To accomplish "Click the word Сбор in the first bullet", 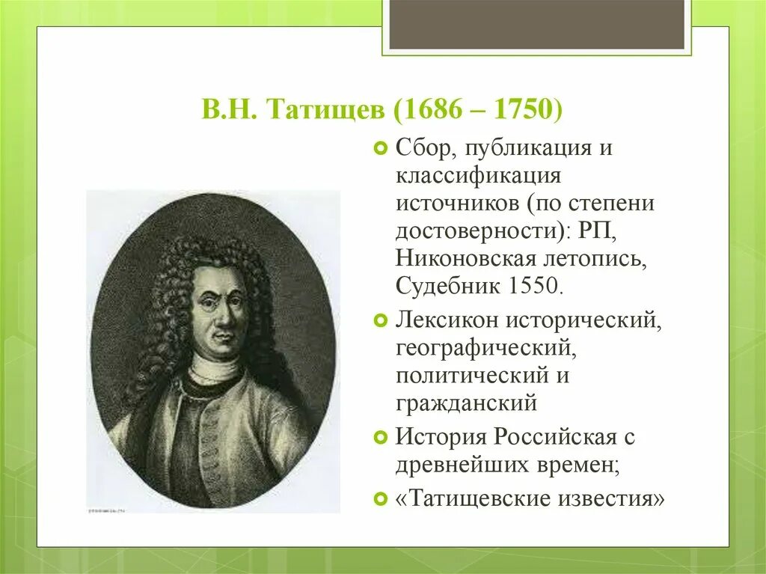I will tap(425, 147).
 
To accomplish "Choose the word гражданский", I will tap(467, 403).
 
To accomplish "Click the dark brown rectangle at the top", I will tap(536, 25).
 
